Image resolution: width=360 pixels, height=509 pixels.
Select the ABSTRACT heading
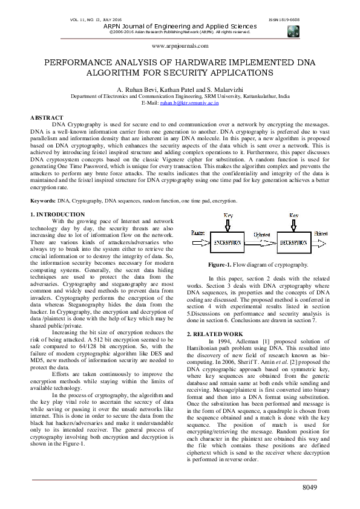click(47, 117)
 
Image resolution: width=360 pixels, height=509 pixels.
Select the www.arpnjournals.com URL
click(180, 46)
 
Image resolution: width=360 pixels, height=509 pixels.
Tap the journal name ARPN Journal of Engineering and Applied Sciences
click(180, 26)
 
